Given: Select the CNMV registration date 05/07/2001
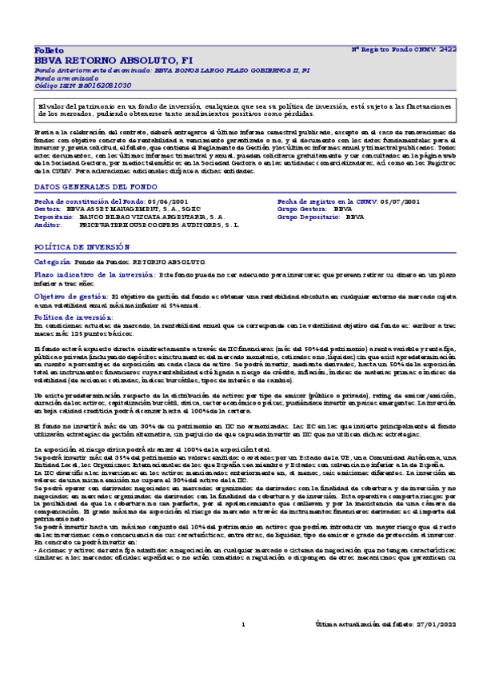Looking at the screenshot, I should click(401, 201).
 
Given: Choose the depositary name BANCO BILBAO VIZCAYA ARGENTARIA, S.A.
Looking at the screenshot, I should click(152, 217).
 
